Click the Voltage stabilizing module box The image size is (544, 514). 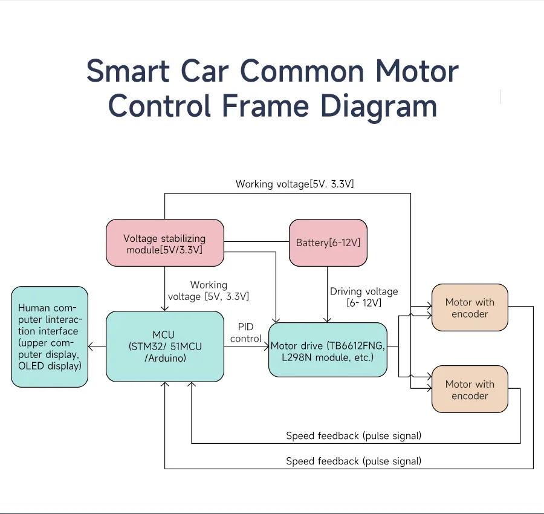pos(164,243)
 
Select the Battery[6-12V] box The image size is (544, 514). pos(328,243)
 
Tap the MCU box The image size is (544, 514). pos(164,346)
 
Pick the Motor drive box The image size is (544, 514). pos(328,350)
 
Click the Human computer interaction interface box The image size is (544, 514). pos(50,337)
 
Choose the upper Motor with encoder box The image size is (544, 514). pos(470,308)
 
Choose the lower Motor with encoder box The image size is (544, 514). pos(470,389)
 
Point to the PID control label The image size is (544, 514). pos(246,333)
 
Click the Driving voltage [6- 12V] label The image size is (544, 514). pos(364,296)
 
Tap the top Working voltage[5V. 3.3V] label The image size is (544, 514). pos(294,184)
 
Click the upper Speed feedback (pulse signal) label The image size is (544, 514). pos(354,435)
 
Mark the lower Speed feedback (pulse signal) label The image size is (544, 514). pos(354,461)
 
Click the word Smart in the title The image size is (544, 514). pos(128,71)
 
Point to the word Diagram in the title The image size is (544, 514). pos(378,106)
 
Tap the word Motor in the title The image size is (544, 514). pos(417,71)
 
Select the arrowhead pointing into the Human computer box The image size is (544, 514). pos(91,346)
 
